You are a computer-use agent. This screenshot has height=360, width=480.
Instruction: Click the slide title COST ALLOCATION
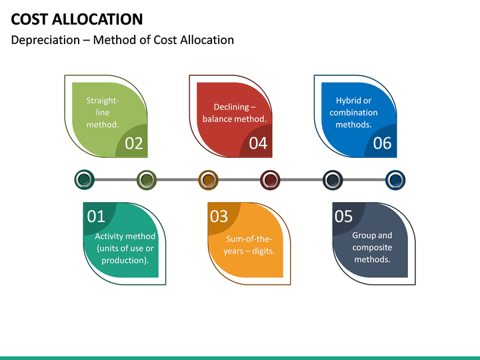point(77,19)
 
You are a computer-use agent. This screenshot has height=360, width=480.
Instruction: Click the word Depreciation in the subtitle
point(45,40)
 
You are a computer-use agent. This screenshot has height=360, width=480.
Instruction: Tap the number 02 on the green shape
point(134,143)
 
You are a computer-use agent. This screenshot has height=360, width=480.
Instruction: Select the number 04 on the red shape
point(258,143)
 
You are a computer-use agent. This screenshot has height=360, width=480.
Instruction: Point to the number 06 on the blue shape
point(382,143)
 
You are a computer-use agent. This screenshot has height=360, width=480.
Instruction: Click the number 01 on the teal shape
point(97,216)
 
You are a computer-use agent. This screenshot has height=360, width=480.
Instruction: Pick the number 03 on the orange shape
point(219,216)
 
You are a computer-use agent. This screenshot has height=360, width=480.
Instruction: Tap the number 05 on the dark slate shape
point(343,216)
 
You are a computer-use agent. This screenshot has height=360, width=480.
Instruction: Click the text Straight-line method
point(103,113)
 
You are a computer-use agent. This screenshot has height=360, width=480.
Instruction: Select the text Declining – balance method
point(234,113)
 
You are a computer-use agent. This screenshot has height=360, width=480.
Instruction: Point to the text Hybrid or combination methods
point(353,113)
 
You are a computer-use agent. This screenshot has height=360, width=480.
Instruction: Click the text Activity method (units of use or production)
point(125,248)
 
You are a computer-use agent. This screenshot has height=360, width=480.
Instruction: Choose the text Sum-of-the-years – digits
point(249,245)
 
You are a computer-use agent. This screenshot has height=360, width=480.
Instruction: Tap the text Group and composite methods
point(372,247)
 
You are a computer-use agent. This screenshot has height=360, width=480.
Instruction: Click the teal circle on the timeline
point(84,179)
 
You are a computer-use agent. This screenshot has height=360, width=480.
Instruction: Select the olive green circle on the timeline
point(147,179)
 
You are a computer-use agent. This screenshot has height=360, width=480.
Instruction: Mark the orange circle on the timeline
point(208,179)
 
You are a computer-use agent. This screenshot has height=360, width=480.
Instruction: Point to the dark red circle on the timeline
point(269,179)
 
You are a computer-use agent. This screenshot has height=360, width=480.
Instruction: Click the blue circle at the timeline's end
point(395,179)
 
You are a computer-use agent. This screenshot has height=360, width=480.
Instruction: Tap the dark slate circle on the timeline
point(333,179)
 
